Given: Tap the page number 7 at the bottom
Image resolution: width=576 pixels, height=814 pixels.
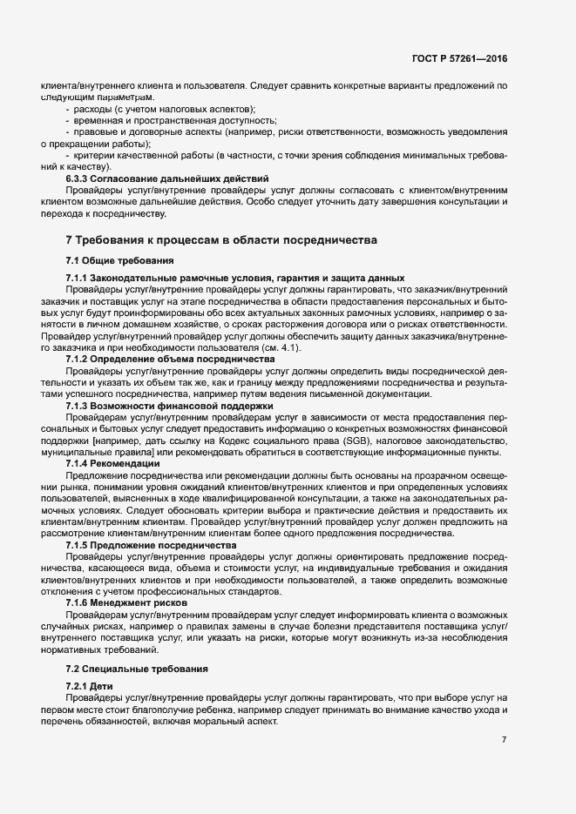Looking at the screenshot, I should click(x=504, y=740).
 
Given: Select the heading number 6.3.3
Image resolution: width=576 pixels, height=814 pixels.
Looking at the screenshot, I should click(x=79, y=178).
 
